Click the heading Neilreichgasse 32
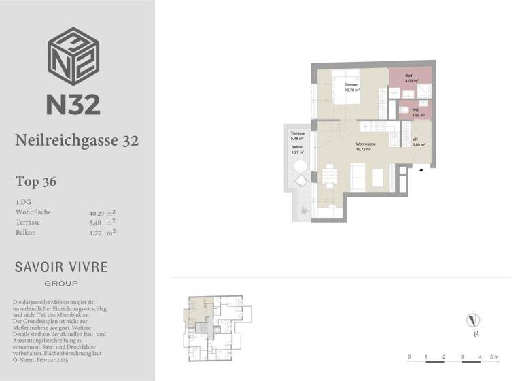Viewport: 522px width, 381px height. point(77,141)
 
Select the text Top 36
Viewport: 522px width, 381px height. point(35,182)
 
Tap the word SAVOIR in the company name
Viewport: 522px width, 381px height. point(37,267)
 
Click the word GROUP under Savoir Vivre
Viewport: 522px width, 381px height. point(61,283)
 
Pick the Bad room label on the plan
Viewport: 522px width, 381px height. point(408,76)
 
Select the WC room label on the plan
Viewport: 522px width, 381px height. point(415,109)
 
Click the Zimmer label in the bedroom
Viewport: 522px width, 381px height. point(351,85)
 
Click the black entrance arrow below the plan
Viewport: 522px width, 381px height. point(422,170)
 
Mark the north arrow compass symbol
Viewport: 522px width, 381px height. point(474,320)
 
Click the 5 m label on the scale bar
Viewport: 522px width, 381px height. point(495,357)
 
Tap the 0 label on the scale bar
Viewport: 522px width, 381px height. point(409,357)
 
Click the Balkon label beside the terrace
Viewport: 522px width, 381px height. point(297,147)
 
